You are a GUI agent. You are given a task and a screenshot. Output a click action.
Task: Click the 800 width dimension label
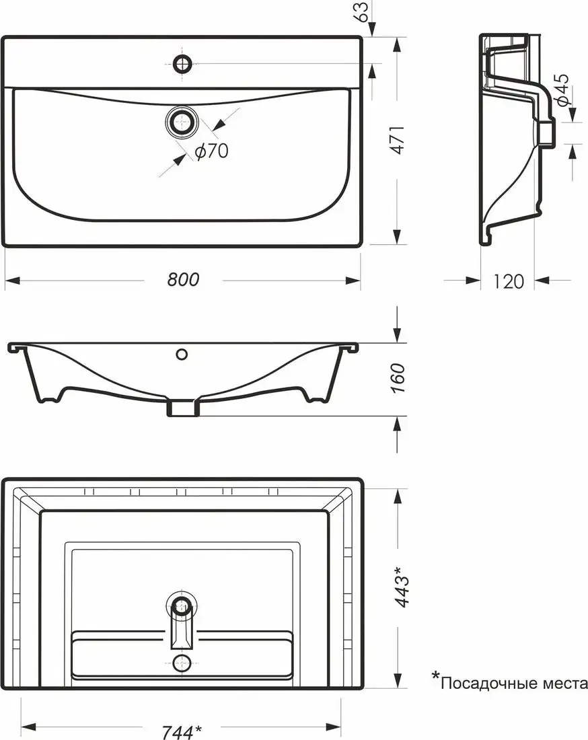183,279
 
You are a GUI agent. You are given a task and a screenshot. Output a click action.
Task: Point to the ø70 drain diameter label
212,151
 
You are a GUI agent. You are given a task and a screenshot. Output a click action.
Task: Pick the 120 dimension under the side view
508,281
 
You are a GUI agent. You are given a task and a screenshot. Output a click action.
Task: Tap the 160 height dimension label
398,378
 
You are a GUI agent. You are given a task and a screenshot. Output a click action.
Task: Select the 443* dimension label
401,586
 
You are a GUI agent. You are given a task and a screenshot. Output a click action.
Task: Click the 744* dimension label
182,732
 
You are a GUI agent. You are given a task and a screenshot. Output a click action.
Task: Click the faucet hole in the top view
182,63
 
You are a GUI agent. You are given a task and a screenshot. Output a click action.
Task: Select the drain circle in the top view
182,122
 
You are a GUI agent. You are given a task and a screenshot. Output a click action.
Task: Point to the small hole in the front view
182,354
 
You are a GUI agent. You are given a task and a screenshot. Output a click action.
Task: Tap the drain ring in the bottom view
182,605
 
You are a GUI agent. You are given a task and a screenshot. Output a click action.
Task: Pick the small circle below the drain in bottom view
182,663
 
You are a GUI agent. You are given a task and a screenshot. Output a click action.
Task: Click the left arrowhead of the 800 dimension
12,281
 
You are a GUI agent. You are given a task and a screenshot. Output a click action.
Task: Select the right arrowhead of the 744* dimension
333,726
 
